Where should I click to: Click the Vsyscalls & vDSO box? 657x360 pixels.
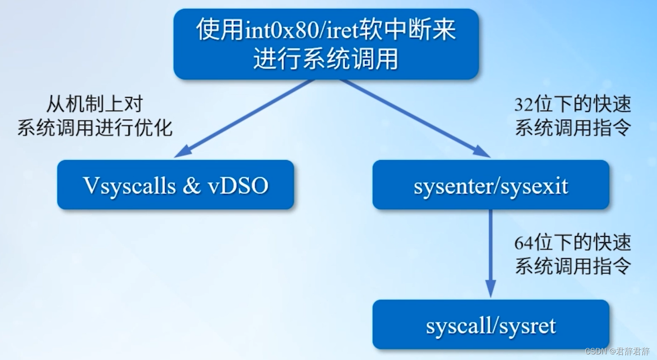175,185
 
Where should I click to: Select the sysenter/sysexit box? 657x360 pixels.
491,185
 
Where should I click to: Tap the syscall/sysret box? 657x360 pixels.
491,325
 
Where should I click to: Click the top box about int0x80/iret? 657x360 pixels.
326,44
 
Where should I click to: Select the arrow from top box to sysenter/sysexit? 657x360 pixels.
414,118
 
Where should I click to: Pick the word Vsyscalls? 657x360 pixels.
129,186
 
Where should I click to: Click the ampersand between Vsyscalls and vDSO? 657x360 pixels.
191,186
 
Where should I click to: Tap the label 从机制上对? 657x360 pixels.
94,104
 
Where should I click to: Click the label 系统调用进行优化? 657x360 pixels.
95,128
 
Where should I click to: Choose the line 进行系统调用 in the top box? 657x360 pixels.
326,59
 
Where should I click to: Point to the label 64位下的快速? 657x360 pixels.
572,244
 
